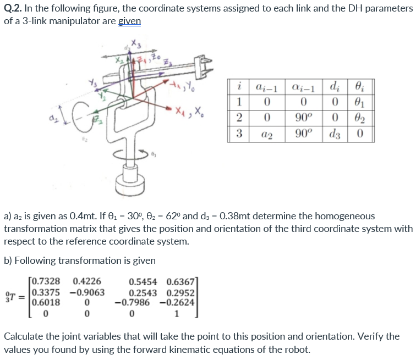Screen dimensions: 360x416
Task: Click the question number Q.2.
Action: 12,9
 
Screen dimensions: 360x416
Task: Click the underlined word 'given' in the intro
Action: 130,21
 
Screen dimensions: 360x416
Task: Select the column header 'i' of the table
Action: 238,86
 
